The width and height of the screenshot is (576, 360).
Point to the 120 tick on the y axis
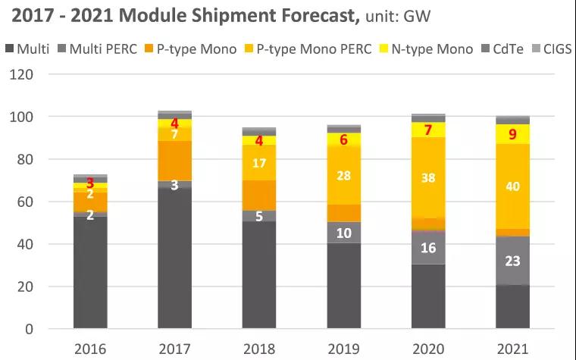[x=25, y=74]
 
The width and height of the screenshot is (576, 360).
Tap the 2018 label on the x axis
[x=258, y=349]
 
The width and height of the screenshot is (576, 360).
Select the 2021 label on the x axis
[x=513, y=349]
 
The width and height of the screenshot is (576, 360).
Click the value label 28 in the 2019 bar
[x=344, y=175]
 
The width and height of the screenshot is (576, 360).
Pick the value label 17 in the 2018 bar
[x=260, y=163]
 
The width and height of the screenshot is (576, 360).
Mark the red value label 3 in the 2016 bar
[x=90, y=183]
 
